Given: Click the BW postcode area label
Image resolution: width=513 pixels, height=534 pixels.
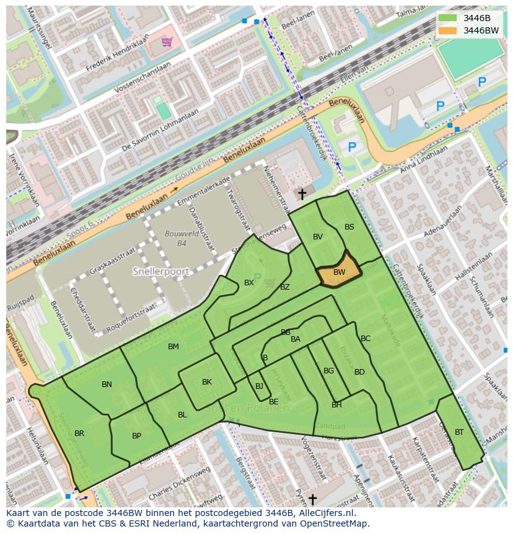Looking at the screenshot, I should click(339, 272).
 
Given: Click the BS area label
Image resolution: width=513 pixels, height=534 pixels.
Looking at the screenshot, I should click(349, 227).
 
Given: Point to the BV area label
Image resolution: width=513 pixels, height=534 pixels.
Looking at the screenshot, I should click(318, 237).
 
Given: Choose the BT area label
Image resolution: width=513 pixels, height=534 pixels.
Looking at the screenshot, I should click(459, 432).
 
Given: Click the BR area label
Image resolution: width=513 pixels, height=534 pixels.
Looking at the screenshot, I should click(79, 434).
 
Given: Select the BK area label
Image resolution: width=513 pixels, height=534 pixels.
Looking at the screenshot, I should click(207, 382).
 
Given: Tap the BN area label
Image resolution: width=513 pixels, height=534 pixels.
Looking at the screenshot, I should click(107, 385).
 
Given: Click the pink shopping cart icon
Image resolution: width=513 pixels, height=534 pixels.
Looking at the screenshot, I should click(167, 42).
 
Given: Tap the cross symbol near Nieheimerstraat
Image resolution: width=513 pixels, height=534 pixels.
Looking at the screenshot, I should click(302, 195).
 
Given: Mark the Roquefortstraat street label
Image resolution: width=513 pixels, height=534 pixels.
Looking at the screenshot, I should click(132, 314).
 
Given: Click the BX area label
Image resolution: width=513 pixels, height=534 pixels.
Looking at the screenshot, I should click(249, 283).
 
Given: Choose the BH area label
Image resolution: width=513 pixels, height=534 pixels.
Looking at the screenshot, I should click(336, 405).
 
